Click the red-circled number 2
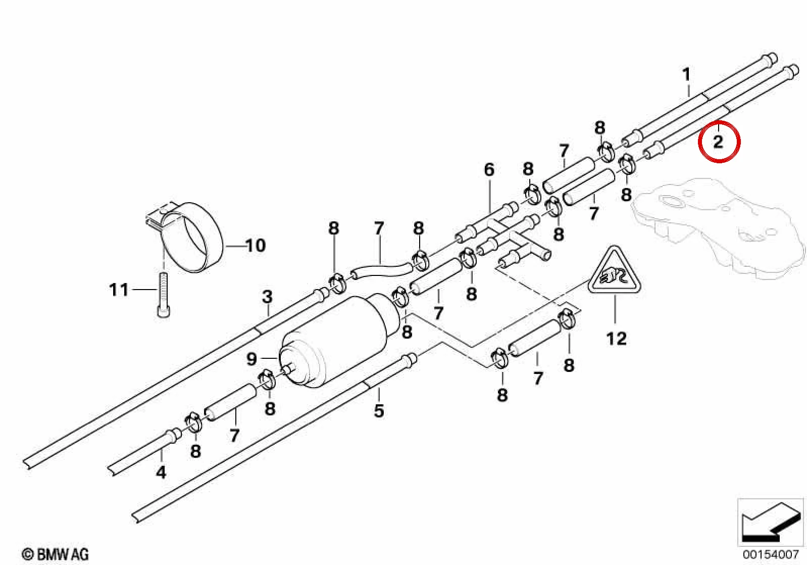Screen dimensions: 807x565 point(718,142)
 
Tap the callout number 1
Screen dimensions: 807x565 point(687,75)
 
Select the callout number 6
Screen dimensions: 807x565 point(489,169)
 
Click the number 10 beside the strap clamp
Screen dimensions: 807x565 point(256,246)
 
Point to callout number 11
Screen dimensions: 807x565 point(119,290)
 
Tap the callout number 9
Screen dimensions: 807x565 point(252,359)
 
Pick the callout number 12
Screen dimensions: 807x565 point(617,339)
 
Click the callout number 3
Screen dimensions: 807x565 point(267,297)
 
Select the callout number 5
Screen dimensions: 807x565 point(379,411)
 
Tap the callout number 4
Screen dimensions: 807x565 point(161,472)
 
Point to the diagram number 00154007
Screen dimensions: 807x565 point(770,554)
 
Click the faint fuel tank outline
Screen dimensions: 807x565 point(717,227)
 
